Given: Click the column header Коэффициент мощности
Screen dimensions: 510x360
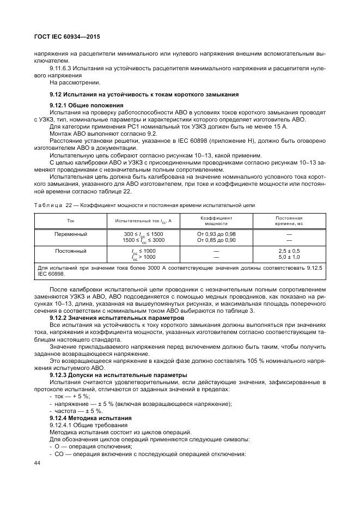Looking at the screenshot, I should pyautogui.click(x=216, y=220).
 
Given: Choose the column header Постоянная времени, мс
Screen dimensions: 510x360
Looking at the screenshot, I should pyautogui.click(x=289, y=220).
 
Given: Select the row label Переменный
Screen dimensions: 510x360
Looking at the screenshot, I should pyautogui.click(x=71, y=233).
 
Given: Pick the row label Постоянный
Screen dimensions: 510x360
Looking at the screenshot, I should pyautogui.click(x=71, y=251).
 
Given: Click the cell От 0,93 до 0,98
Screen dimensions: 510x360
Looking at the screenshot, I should pyautogui.click(x=216, y=234).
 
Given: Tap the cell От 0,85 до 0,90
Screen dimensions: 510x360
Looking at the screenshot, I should pyautogui.click(x=216, y=240).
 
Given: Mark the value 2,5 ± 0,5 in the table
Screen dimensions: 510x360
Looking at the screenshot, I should pyautogui.click(x=289, y=251).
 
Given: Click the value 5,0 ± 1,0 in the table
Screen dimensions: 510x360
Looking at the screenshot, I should pyautogui.click(x=289, y=257).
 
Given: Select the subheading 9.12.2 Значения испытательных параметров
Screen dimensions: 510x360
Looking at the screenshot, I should pyautogui.click(x=109, y=317).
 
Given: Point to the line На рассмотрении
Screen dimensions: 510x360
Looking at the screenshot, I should pyautogui.click(x=75, y=83).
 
